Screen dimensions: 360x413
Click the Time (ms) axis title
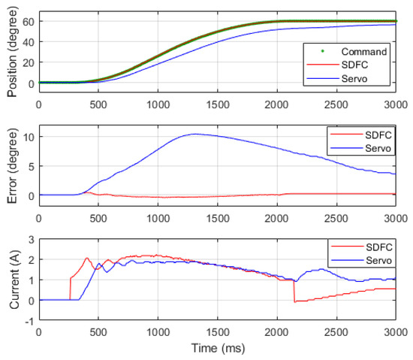coord(217,349)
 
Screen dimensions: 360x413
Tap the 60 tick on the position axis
coord(28,21)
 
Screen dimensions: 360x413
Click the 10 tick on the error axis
coord(28,138)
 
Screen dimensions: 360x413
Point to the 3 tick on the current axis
coord(31,239)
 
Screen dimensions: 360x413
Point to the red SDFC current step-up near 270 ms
coord(70,289)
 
